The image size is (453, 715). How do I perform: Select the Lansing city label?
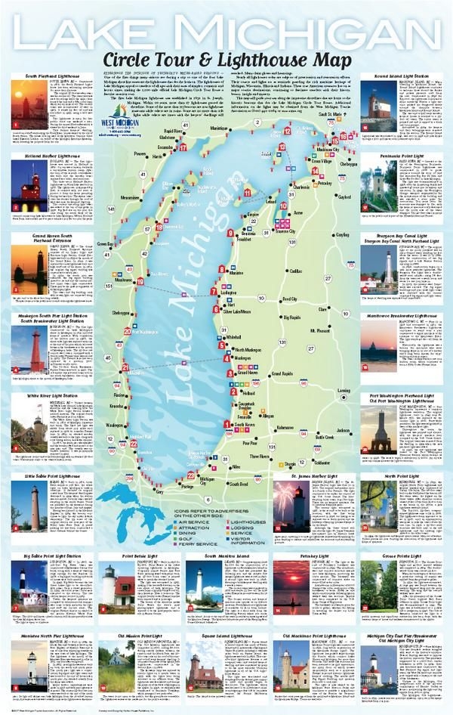tap(344, 391)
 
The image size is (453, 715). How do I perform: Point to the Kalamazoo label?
tap(285, 428)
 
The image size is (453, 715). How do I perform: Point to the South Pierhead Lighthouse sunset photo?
tap(32, 107)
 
